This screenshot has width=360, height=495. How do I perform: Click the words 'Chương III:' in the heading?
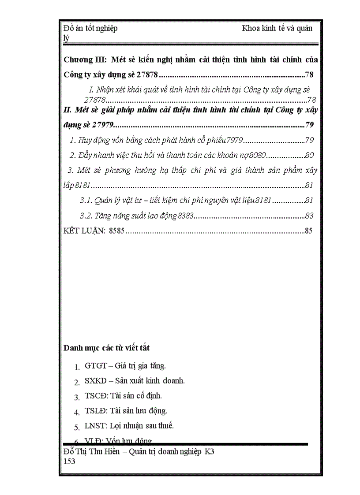pos(84,60)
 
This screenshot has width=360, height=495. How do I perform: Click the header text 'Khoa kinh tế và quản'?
pos(277,29)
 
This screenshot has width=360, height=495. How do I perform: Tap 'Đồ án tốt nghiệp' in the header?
pos(91,29)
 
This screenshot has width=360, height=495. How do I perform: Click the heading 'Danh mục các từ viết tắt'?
pos(107,348)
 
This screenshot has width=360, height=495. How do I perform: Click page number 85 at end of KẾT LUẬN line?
pos(308,231)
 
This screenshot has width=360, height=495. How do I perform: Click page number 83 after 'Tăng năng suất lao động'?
pos(309,216)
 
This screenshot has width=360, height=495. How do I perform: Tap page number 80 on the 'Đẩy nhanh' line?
pos(309,155)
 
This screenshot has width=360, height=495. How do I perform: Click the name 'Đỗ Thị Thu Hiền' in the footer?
pos(91,452)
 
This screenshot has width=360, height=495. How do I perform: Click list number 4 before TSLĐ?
pos(76,413)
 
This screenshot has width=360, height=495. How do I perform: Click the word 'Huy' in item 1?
pos(85,141)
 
